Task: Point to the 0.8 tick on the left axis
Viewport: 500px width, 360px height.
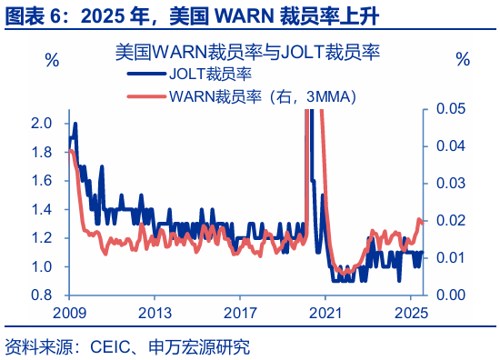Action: coord(41,295)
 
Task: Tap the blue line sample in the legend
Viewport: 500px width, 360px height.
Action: coord(145,75)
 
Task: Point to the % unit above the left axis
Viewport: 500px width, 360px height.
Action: coord(52,60)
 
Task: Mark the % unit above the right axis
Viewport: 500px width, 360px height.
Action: coord(463,60)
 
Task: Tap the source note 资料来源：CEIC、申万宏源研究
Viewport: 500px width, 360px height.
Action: coord(127,346)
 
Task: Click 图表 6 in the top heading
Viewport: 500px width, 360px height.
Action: coord(35,15)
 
